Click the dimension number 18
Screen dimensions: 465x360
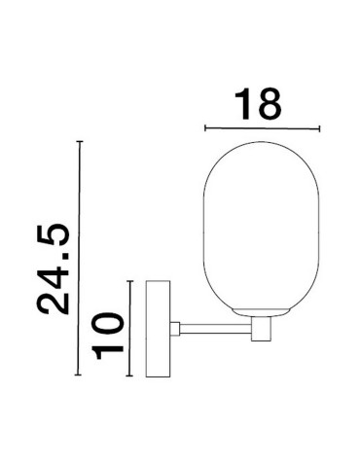point(260,104)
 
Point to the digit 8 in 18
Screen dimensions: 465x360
point(275,104)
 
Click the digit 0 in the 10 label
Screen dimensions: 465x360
point(109,320)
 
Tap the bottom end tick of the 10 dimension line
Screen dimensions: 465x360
point(129,377)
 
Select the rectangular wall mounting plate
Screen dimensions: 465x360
point(157,330)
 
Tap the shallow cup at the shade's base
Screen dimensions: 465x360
point(261,314)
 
